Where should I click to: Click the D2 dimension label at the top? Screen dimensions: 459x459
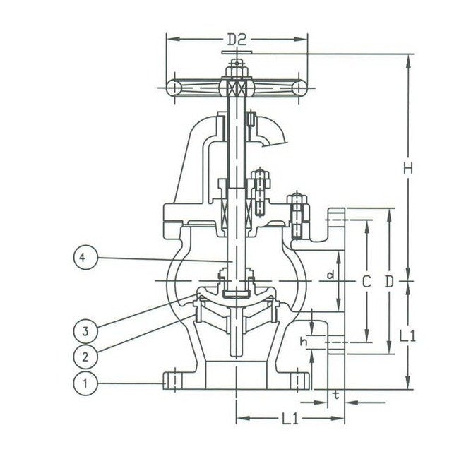237,40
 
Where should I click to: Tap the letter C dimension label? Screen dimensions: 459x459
366,281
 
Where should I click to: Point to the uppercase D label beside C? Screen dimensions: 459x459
389,281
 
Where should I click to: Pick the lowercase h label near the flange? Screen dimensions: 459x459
304,342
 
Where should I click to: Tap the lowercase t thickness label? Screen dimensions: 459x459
336,395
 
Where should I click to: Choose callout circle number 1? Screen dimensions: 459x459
84,383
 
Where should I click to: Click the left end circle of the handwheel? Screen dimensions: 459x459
173,87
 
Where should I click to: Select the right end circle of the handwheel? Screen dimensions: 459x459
300,87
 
